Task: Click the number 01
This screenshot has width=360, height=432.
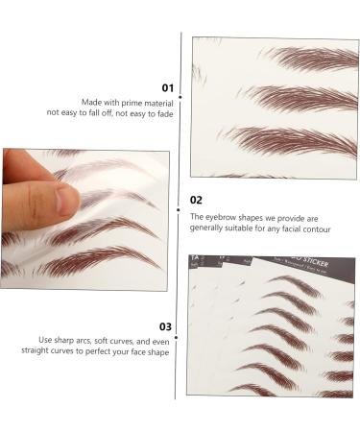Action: (167, 87)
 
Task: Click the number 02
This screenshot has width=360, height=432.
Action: (197, 201)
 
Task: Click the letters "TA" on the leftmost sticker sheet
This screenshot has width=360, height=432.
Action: (194, 261)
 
